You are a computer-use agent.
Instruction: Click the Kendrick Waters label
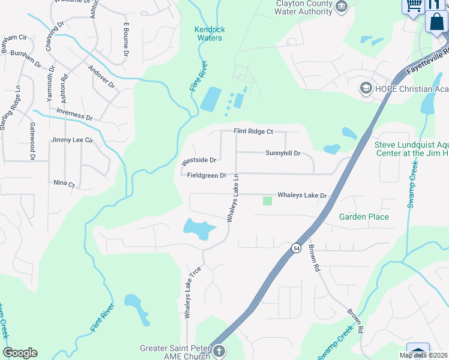click(x=208, y=34)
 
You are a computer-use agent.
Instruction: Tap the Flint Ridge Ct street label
click(x=253, y=131)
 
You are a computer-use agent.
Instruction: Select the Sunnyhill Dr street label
click(x=283, y=153)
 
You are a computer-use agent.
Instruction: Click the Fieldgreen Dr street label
click(x=206, y=176)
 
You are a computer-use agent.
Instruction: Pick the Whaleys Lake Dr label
click(x=301, y=196)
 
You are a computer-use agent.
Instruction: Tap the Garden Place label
click(x=364, y=217)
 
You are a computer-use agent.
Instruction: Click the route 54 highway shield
click(x=296, y=248)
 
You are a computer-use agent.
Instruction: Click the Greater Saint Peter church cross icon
click(x=219, y=351)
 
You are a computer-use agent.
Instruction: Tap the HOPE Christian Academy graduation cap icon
click(x=365, y=89)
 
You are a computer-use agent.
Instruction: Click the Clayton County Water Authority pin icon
click(x=342, y=7)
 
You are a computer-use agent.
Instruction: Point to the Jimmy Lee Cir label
click(x=73, y=140)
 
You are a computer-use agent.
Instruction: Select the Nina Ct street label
click(x=64, y=184)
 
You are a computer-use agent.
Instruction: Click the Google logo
click(x=20, y=353)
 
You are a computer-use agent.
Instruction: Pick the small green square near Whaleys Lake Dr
click(x=267, y=200)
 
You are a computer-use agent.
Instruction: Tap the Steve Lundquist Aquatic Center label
click(x=412, y=149)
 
